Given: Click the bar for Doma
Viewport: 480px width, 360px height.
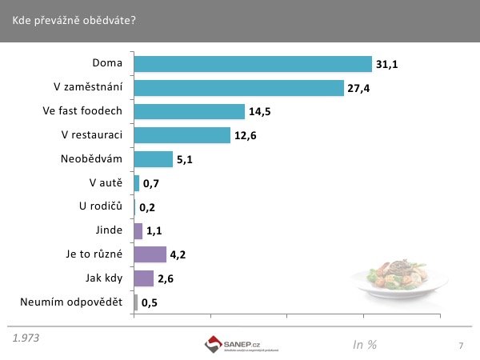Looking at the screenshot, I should click(253, 64).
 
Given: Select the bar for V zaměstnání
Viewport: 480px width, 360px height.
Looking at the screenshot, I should click(238, 88).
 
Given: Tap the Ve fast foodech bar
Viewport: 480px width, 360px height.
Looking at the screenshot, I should click(189, 111).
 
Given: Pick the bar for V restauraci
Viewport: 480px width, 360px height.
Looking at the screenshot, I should click(182, 135).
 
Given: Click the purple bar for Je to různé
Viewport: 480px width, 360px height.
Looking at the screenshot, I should click(150, 254).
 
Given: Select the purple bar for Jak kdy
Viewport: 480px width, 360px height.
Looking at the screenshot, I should click(143, 278).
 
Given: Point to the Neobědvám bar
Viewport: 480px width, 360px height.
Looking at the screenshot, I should click(153, 159).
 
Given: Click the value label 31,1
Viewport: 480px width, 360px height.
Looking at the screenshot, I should click(387, 64).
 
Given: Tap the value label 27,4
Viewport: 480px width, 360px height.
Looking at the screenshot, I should click(358, 88).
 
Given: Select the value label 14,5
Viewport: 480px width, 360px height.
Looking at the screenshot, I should click(260, 112).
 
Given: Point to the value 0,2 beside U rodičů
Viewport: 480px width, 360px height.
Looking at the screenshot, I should click(147, 207).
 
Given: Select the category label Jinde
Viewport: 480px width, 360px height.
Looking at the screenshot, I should click(108, 230).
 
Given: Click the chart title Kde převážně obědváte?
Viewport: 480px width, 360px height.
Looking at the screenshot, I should click(74, 20).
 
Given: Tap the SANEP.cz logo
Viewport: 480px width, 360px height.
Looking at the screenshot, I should click(241, 345).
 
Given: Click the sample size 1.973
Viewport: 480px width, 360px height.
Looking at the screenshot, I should click(26, 338).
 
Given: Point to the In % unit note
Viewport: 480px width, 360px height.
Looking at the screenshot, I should click(365, 345).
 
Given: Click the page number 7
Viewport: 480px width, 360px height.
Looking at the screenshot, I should click(461, 346).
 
